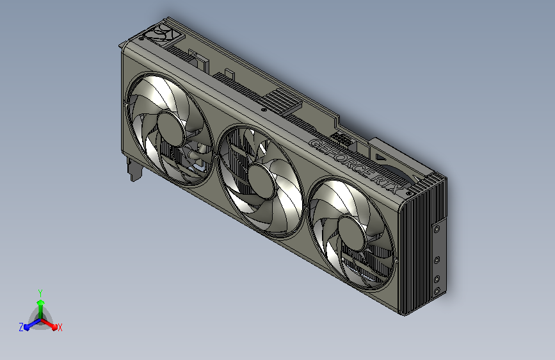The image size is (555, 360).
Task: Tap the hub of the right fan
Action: pos(350,229)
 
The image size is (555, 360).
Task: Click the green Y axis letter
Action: pos(40,292)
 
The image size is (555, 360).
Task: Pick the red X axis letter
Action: pos(60,327)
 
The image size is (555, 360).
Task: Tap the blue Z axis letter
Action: pos(21,327)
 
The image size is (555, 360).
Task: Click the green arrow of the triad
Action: pos(40,304)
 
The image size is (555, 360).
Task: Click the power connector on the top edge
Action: pos(340,138)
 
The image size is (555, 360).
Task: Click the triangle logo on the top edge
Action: pos(380,154)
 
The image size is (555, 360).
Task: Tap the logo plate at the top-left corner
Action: pos(161,33)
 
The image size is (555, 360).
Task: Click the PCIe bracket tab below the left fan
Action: pos(134,171)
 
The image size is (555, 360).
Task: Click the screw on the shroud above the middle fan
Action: pos(262,110)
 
